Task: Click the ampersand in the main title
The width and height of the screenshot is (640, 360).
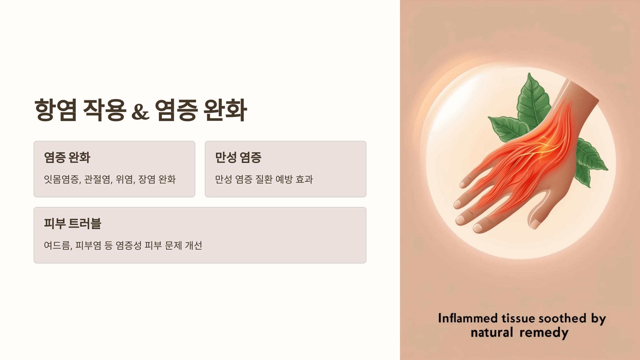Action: click(141, 111)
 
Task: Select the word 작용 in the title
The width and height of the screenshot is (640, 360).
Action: click(104, 110)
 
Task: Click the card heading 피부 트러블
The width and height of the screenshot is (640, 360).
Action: click(73, 223)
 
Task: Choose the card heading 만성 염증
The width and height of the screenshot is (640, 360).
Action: click(238, 157)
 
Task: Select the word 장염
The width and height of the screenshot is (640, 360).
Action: click(147, 179)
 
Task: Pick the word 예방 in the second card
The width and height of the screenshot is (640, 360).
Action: click(284, 179)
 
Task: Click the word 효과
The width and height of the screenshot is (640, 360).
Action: click(304, 179)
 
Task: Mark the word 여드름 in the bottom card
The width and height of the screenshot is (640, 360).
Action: click(58, 246)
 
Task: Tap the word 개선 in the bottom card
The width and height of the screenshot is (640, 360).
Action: click(194, 246)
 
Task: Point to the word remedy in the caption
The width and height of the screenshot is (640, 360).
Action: click(544, 333)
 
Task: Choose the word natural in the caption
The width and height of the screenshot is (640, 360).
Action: click(492, 333)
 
